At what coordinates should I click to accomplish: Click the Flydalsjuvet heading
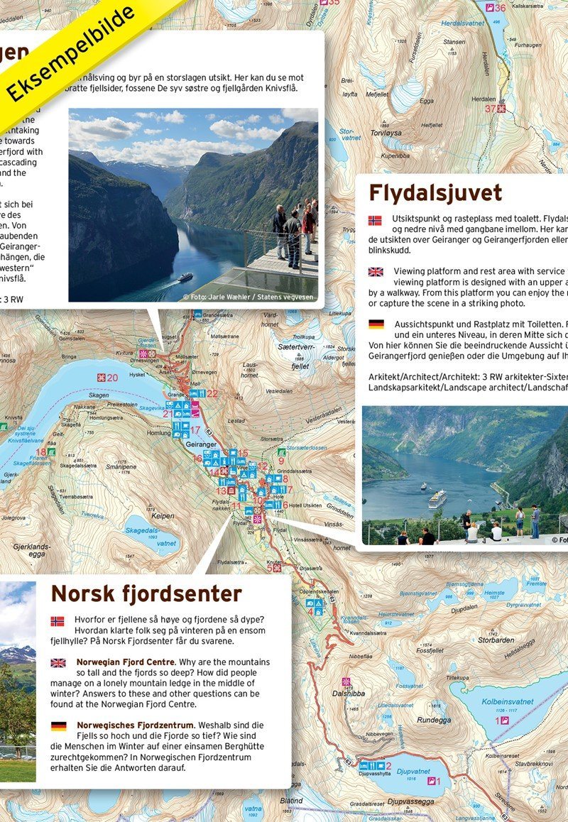pos(435,193)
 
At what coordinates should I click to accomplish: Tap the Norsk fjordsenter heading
pos(146,593)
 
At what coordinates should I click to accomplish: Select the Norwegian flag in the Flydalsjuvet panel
pos(376,220)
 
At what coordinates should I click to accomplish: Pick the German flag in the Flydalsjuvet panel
pos(376,324)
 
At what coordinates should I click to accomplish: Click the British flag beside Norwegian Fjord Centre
pos(58,663)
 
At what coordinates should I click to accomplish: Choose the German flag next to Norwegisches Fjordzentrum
pos(58,725)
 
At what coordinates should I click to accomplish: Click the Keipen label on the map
pos(163,516)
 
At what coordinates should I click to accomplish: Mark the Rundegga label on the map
pos(433,720)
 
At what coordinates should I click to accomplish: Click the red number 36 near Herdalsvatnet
pos(501,8)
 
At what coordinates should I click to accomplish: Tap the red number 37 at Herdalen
pos(490,109)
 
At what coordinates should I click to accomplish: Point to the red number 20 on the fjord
pos(112,378)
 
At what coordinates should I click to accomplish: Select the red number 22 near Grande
pos(212,393)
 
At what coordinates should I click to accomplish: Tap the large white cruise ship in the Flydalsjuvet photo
pos(437,499)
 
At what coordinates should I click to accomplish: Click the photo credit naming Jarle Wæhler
pos(248,297)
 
